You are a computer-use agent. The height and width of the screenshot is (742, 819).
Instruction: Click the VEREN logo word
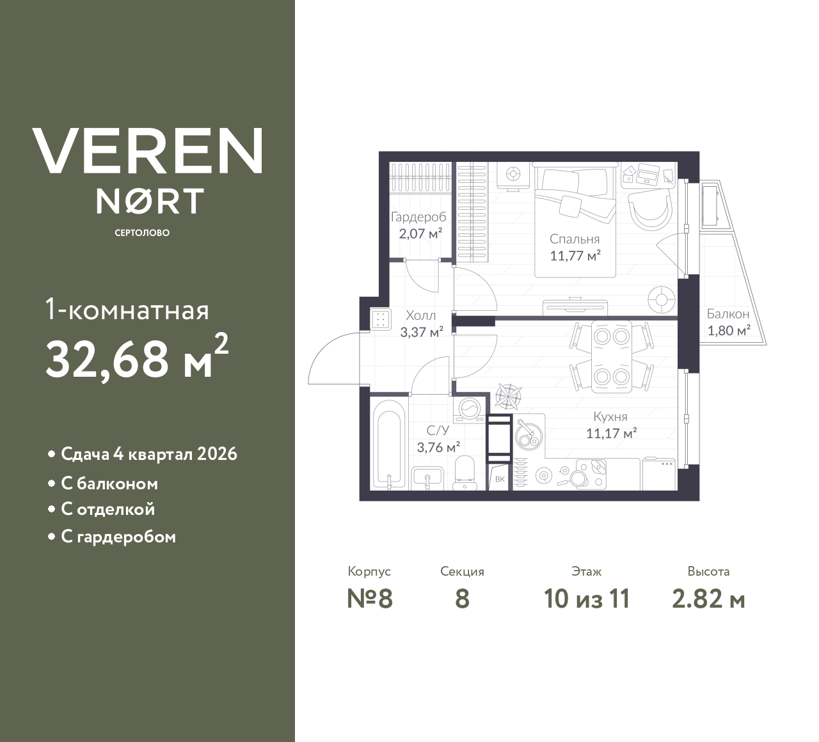(147, 151)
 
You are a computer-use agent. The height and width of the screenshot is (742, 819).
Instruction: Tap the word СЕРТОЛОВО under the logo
(142, 233)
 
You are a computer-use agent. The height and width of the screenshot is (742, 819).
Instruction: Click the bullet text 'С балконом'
(109, 484)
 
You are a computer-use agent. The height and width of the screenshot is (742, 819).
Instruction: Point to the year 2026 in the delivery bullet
(217, 454)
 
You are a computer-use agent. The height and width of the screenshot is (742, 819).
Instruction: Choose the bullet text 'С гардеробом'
(118, 537)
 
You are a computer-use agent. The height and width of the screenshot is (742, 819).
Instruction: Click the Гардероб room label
(418, 217)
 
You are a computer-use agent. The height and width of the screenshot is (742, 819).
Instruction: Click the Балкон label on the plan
(728, 314)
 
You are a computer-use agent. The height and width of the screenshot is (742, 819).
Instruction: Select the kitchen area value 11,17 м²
(610, 434)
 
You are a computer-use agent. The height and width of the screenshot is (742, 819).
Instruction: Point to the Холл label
(421, 315)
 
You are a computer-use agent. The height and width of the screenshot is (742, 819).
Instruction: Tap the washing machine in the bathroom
(470, 409)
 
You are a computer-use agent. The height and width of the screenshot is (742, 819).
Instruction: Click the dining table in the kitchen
(611, 355)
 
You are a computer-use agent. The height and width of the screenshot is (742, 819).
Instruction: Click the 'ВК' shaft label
(500, 479)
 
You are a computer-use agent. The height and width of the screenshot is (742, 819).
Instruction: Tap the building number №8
(370, 599)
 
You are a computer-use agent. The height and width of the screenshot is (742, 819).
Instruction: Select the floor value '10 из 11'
(587, 599)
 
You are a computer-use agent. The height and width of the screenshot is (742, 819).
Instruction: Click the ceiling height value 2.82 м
(708, 599)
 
